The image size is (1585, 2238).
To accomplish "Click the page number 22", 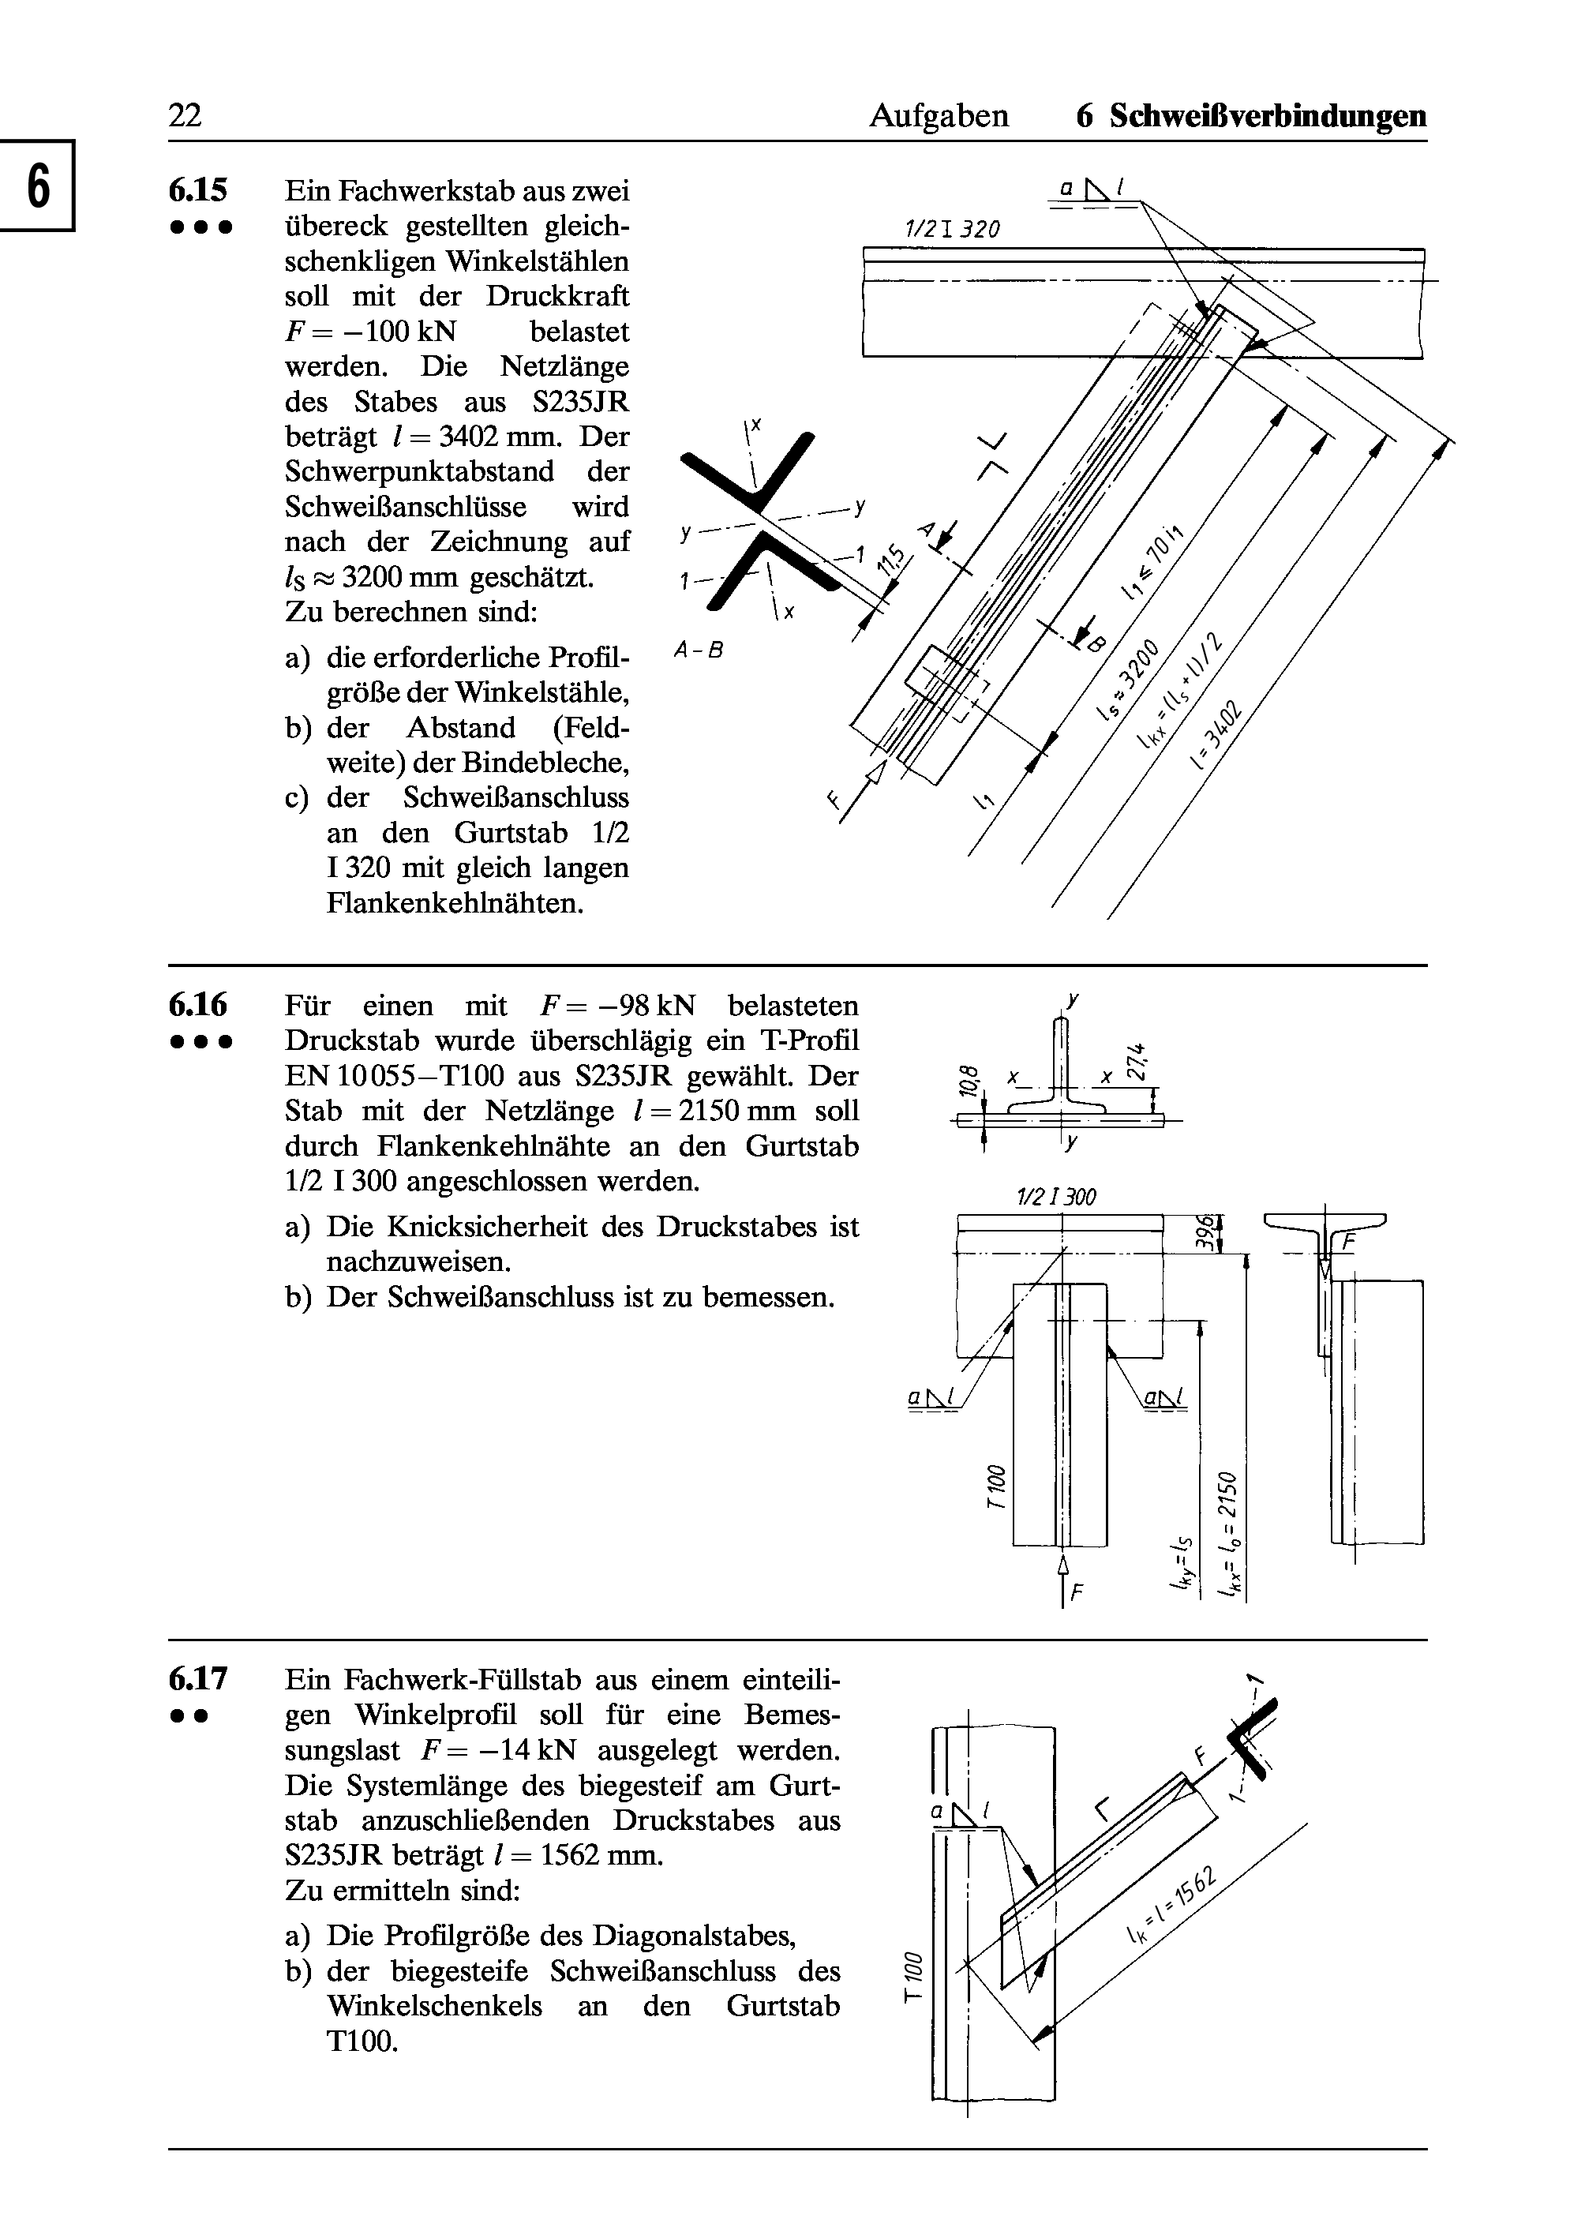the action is pos(185,116).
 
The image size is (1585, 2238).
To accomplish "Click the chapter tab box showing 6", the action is pos(37,186).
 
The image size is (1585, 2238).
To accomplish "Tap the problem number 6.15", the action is pos(198,189).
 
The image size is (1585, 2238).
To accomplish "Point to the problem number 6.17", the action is pos(198,1678).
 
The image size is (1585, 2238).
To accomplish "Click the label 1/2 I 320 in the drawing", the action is pos(952,231).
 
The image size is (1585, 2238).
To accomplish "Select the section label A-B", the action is pos(698,649).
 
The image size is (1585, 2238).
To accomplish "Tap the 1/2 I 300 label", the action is pos(1057,1197).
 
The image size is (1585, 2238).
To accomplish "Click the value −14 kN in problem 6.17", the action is pos(515,1750).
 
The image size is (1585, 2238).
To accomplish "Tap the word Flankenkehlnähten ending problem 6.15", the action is pos(455,903).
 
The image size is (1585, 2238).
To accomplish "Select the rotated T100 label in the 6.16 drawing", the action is pos(995,1486).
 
